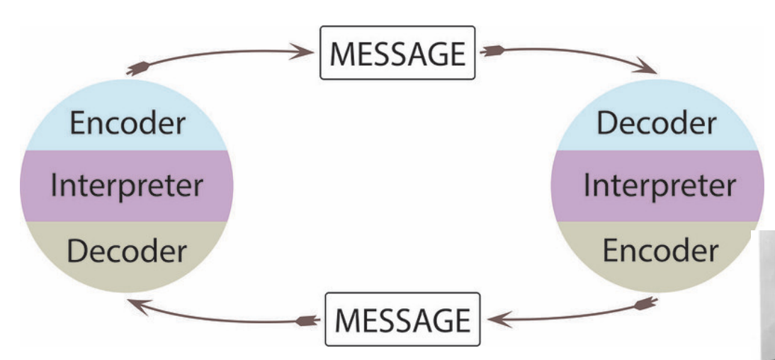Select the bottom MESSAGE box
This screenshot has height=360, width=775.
(x=402, y=319)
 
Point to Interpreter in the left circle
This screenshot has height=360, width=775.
(x=127, y=186)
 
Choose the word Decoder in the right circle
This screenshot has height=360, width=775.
(x=656, y=123)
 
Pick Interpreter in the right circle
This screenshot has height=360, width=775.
(x=659, y=186)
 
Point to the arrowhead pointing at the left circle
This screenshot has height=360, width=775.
(x=132, y=303)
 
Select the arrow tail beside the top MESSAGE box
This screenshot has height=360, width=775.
(x=490, y=51)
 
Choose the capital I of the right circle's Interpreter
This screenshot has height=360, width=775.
(x=588, y=186)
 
